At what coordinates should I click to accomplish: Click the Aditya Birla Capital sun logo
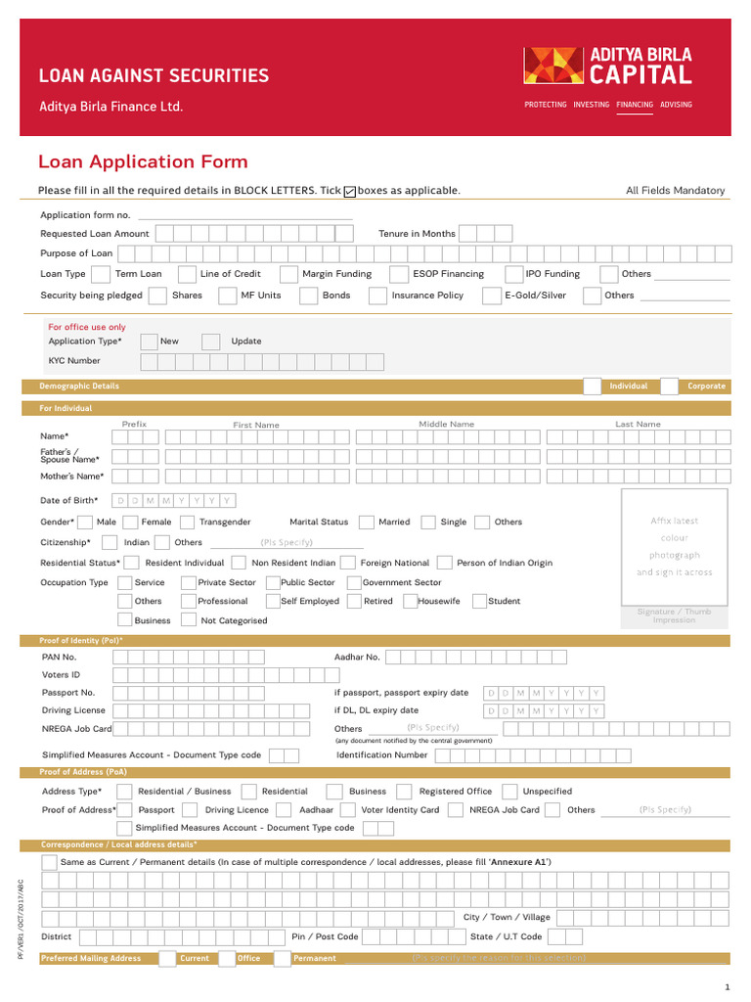click(x=555, y=66)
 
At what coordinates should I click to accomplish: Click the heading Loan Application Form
click(x=143, y=162)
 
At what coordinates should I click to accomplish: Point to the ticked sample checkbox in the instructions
click(x=350, y=192)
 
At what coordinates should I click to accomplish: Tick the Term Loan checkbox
click(x=103, y=274)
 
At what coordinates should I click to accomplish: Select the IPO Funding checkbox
click(x=514, y=274)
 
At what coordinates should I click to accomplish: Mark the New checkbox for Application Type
click(x=149, y=342)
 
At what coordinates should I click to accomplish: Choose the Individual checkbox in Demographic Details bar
click(x=593, y=387)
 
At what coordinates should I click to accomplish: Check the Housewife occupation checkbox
click(x=408, y=602)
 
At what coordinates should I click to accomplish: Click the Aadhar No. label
click(x=357, y=658)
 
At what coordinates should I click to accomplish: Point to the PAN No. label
click(x=59, y=658)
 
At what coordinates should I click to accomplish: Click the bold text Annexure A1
click(x=519, y=862)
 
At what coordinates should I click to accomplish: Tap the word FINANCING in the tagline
click(x=635, y=105)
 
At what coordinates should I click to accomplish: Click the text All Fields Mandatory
click(x=675, y=191)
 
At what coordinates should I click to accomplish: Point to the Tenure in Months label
click(x=417, y=234)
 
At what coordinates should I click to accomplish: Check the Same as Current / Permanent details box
click(x=49, y=862)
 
